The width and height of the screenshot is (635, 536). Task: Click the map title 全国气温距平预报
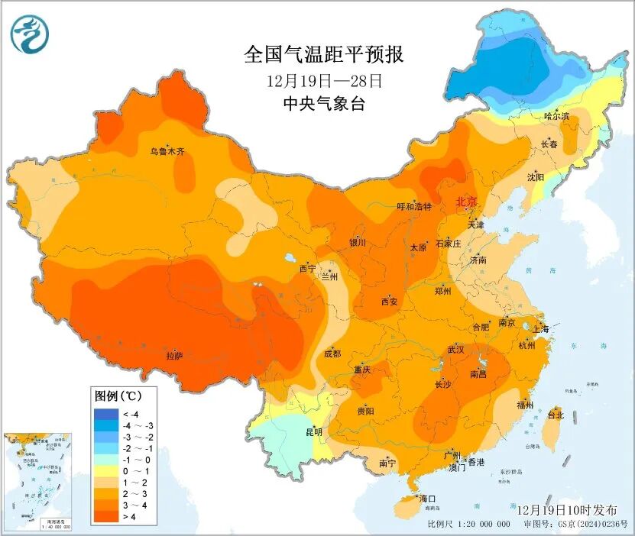[x=323, y=54]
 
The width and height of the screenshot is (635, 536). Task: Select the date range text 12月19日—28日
[x=323, y=80]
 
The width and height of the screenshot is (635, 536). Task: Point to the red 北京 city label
[x=466, y=202]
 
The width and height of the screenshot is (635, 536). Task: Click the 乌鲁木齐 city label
[x=167, y=152]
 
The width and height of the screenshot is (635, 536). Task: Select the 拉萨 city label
[x=174, y=355]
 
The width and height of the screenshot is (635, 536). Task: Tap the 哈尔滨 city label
[x=556, y=116]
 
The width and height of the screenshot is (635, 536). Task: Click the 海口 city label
[x=427, y=499]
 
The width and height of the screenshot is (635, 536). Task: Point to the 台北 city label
[x=556, y=415]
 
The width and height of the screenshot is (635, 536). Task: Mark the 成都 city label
[x=332, y=354]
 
